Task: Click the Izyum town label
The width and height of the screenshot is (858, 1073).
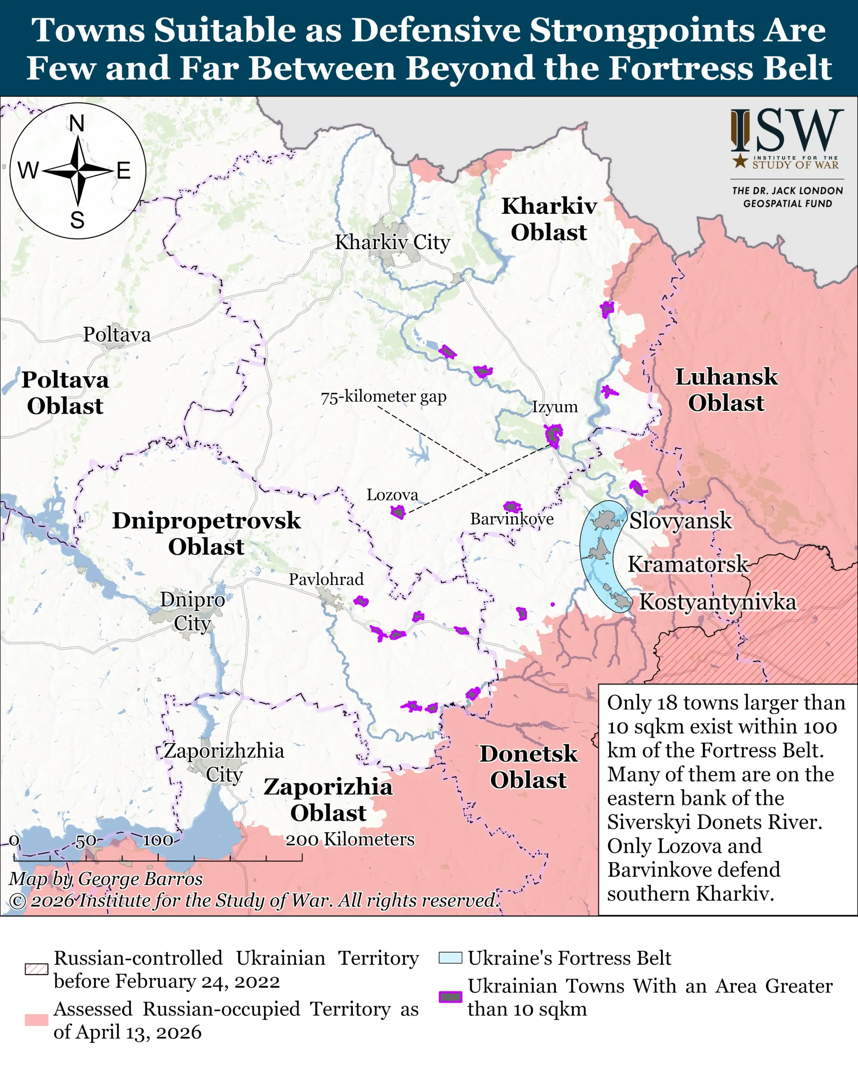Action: pos(555,407)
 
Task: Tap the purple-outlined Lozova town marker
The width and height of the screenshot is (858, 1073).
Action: pos(398,512)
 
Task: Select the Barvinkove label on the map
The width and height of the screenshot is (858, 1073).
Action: pos(512,519)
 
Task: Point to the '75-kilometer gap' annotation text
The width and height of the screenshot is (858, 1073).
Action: pos(383,397)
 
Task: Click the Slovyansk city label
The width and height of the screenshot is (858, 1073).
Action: pos(680,521)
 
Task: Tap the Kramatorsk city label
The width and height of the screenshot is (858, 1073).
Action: pos(688,564)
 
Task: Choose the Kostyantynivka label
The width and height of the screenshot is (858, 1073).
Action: pos(717,602)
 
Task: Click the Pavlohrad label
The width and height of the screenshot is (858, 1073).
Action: pos(326,579)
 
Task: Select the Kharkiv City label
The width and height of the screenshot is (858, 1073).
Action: pos(393,242)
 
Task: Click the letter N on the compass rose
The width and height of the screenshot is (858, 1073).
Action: pos(77,123)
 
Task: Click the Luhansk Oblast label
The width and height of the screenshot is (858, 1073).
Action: pos(726,390)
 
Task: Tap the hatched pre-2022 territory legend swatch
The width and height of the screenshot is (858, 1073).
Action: pos(36,969)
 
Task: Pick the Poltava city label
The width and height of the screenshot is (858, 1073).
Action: pos(116,334)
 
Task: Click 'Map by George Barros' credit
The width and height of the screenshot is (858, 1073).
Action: pos(106,879)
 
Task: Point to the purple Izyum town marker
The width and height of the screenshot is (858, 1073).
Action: pos(553,435)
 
